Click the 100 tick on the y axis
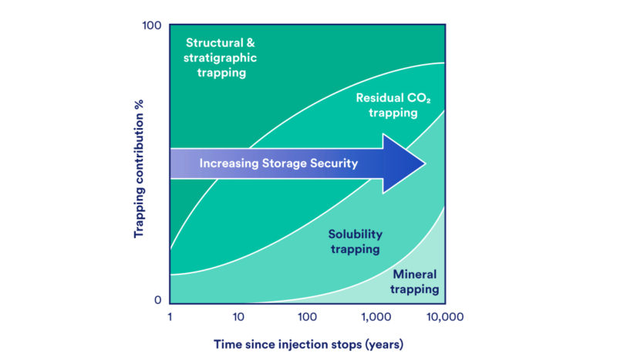pos(151,27)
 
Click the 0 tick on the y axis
pos(157,301)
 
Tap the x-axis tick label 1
pos(170,317)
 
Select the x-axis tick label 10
pos(238,317)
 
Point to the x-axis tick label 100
pos(307,317)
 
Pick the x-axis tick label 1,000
pos(376,317)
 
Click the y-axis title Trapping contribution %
pos(140,163)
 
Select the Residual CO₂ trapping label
pos(387,106)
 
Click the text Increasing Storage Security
pos(278,163)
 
